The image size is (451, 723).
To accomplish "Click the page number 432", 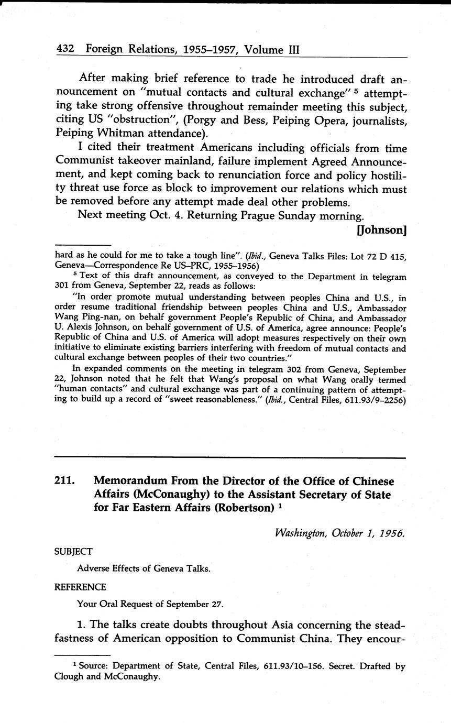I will [x=65, y=50].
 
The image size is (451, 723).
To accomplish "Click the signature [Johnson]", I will [x=381, y=229].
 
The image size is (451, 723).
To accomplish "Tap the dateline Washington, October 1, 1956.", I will [x=339, y=533].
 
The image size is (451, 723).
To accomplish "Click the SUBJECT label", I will [x=73, y=551].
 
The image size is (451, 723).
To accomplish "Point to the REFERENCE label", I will [x=80, y=587].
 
